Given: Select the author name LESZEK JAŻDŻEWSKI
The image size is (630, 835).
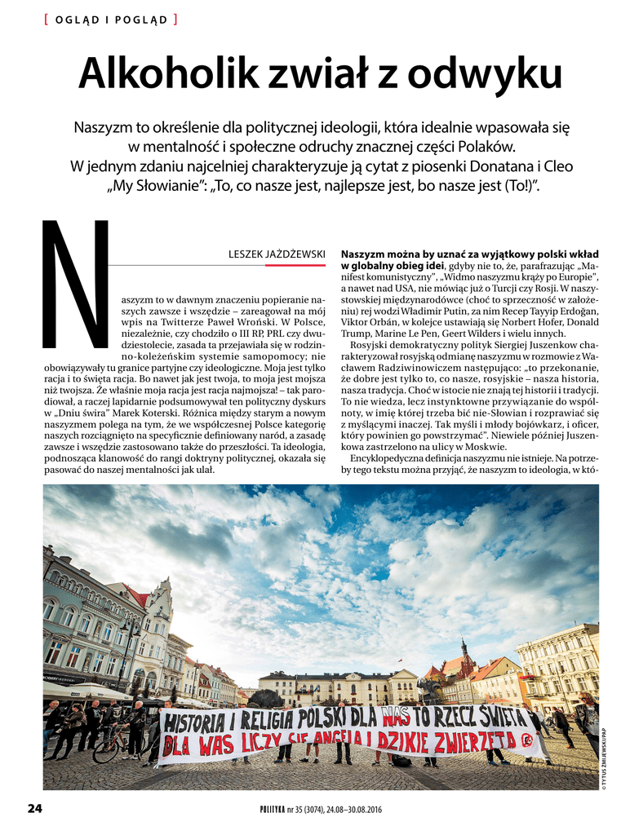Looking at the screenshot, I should pos(277,254).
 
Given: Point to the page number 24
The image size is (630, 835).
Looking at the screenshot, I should pos(34,808).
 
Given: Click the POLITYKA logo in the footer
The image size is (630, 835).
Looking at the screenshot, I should pos(272,809).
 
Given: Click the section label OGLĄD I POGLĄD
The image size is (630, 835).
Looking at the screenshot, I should pos(111,20).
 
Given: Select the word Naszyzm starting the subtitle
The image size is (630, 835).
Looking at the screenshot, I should pos(104,128).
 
